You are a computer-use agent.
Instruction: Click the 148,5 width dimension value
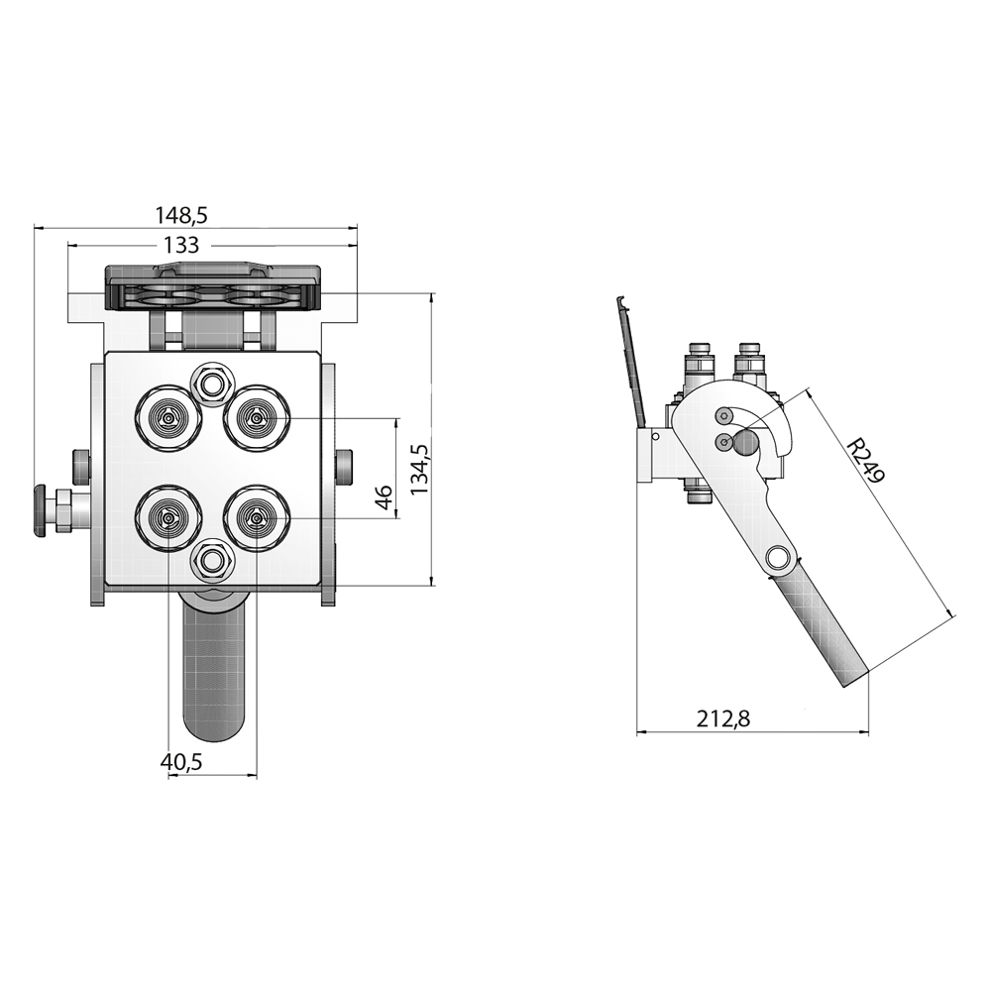tap(182, 215)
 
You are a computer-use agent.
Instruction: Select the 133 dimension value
tap(181, 245)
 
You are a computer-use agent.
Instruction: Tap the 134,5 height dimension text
tap(420, 469)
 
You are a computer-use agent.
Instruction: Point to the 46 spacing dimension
tap(385, 498)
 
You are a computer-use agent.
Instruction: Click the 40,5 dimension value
tap(180, 762)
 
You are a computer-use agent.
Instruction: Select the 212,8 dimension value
tap(723, 718)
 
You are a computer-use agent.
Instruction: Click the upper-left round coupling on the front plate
tap(168, 418)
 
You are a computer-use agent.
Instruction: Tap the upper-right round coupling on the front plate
tap(256, 417)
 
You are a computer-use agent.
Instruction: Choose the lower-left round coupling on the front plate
tap(168, 518)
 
